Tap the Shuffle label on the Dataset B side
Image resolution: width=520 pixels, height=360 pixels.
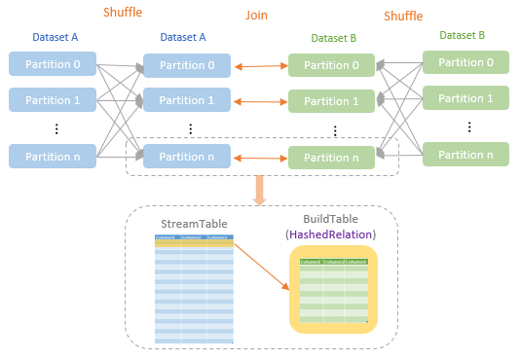coord(402,17)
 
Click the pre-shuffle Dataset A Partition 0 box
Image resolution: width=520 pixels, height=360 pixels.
coord(53,63)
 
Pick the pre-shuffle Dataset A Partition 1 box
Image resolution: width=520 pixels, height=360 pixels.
coord(53,99)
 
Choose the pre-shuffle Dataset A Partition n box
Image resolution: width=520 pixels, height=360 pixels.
coord(53,155)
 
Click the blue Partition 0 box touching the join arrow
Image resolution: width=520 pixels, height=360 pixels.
coord(187,66)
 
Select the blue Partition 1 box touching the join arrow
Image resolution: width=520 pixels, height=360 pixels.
coord(187,100)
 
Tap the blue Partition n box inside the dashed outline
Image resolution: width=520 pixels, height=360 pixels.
coord(187,157)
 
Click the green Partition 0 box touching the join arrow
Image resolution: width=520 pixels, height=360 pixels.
coord(330,66)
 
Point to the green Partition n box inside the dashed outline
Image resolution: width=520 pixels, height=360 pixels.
coord(330,158)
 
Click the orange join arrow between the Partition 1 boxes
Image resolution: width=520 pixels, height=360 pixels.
coord(259,101)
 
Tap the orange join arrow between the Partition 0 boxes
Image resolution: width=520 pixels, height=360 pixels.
coord(259,66)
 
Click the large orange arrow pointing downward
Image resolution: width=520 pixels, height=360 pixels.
coord(260,190)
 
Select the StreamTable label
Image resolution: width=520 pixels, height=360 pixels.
coord(193,225)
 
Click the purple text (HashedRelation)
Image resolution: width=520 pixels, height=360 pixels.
coord(330,234)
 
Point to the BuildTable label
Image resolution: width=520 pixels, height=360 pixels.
coord(330,219)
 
